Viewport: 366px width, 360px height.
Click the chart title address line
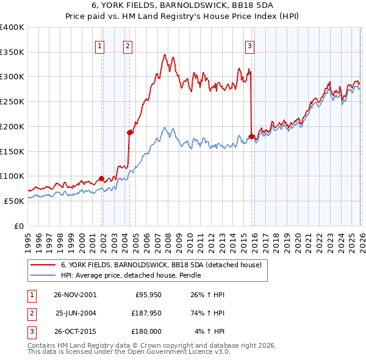pyautogui.click(x=183, y=6)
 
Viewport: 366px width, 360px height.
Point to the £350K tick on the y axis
pyautogui.click(x=12, y=52)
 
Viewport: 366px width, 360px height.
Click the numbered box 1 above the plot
pyautogui.click(x=99, y=45)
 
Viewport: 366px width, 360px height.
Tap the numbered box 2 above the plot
pyautogui.click(x=127, y=45)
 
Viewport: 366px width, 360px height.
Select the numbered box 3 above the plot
pyautogui.click(x=250, y=45)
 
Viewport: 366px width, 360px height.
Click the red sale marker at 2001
pyautogui.click(x=102, y=178)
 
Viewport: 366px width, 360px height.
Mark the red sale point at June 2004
pyautogui.click(x=129, y=132)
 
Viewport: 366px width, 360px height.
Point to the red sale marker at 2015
pyautogui.click(x=251, y=136)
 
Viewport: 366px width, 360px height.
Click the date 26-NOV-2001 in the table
pyautogui.click(x=75, y=294)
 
